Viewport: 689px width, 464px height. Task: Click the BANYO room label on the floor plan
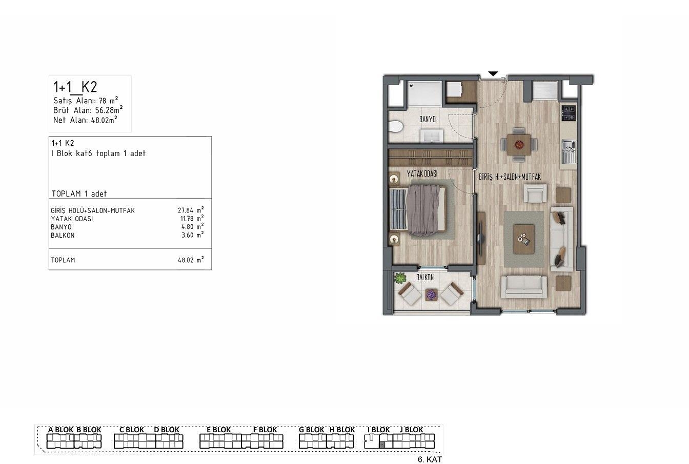428,119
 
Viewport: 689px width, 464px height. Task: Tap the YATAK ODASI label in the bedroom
422,174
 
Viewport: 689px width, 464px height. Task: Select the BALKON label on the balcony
425,277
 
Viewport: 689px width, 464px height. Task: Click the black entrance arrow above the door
493,74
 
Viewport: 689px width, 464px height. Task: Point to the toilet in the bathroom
395,127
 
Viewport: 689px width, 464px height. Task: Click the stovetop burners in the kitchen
569,113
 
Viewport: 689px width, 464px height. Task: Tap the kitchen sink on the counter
569,152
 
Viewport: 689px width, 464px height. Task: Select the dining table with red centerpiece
519,144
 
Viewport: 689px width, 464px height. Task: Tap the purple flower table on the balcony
431,295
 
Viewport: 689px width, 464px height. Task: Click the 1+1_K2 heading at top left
75,87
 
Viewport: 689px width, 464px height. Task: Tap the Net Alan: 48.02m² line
85,120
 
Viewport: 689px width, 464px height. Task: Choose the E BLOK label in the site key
219,430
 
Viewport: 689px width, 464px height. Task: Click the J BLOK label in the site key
411,430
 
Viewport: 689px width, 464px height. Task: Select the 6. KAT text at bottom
430,459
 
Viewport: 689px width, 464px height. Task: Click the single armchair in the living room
535,194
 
